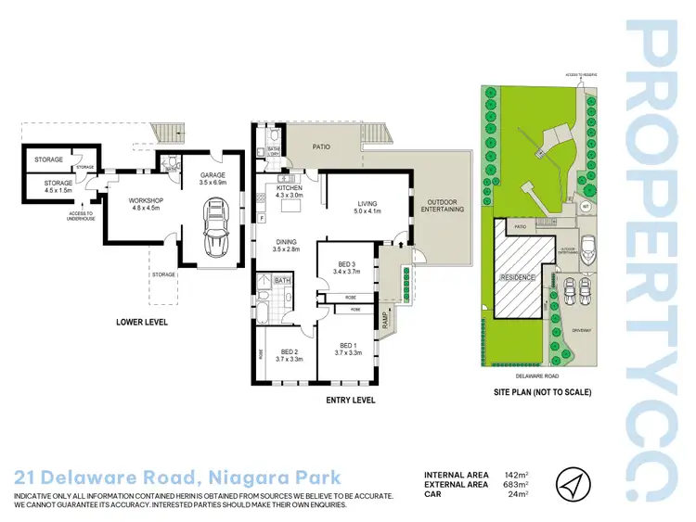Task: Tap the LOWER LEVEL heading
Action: (140, 323)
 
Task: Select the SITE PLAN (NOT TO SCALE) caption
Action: (543, 392)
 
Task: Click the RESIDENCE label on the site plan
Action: (518, 278)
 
